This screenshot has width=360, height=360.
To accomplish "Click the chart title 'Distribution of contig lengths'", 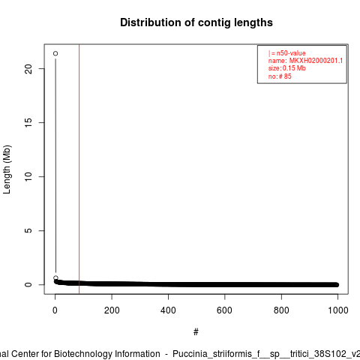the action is [x=196, y=22].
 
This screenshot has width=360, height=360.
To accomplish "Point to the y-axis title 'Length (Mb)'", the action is [x=7, y=169].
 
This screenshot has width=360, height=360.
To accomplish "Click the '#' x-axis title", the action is [x=196, y=332].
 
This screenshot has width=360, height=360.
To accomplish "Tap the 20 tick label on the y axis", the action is [x=28, y=69].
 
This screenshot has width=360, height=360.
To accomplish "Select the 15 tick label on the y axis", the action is [x=28, y=122].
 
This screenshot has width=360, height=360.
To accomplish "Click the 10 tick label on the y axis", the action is [x=28, y=176].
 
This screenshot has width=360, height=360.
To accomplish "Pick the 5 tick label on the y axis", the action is [x=28, y=230].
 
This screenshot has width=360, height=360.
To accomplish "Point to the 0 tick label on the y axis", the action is [x=28, y=284].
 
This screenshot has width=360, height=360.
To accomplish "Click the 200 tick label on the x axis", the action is [x=112, y=310].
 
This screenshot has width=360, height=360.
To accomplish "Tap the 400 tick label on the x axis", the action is [x=168, y=310].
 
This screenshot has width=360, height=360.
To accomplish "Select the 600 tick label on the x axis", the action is [x=225, y=310].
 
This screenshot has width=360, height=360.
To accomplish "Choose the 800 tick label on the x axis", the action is [x=281, y=310].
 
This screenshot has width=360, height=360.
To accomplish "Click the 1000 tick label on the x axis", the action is [x=338, y=310].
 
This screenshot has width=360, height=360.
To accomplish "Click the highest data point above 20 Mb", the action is [x=55, y=53].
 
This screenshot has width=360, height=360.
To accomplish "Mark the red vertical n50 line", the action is [x=79, y=169].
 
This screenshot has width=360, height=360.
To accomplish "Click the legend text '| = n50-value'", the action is [x=287, y=53].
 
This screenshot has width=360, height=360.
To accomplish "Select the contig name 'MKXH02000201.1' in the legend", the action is [x=316, y=61].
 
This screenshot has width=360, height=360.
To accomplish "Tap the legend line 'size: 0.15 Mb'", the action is [x=287, y=68].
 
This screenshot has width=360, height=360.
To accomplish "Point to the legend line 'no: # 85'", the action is [x=280, y=76].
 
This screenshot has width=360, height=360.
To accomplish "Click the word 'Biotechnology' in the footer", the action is [x=107, y=354].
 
